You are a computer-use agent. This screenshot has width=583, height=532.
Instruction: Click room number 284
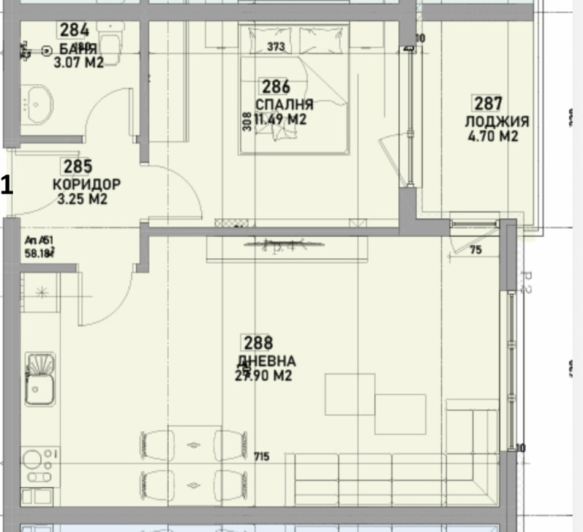[x=74, y=30]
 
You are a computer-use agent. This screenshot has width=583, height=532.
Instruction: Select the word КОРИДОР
[x=87, y=184]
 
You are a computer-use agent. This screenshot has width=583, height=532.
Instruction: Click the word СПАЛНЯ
[x=284, y=103]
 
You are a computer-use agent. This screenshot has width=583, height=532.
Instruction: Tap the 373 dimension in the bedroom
[x=275, y=48]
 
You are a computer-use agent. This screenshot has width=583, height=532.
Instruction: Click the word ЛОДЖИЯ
[x=497, y=121]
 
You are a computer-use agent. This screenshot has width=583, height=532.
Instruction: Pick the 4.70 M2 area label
[x=492, y=136]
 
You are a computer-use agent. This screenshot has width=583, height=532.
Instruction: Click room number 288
[x=258, y=343]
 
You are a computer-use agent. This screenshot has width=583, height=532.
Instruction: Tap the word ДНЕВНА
[x=266, y=361]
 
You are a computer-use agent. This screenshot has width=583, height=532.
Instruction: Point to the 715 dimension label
[x=262, y=457]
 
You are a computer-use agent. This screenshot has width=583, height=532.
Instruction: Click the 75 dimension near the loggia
[x=476, y=250]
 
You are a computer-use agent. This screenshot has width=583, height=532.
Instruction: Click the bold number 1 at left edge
[x=7, y=184]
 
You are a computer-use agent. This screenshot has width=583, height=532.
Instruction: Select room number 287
[x=488, y=103]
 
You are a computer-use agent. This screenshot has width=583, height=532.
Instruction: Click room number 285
[x=77, y=167]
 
